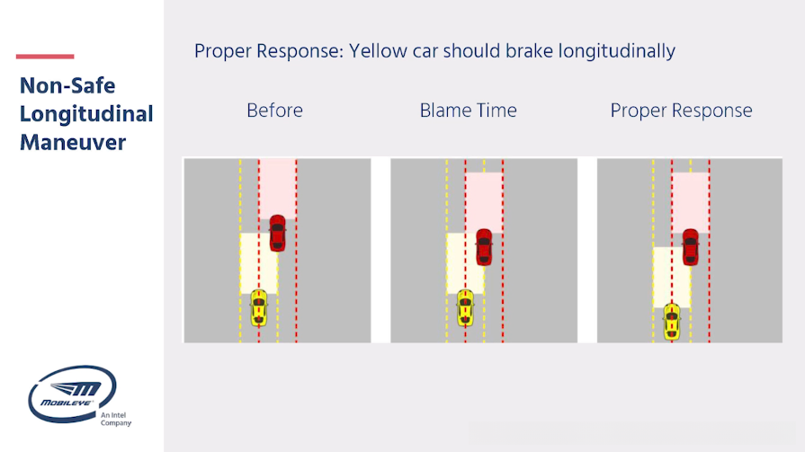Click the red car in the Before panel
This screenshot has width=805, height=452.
[x=277, y=233]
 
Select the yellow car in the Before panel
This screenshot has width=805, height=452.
[x=259, y=308]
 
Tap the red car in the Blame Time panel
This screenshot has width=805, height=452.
[x=484, y=247]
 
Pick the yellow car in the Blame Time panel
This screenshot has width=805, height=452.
[x=465, y=308]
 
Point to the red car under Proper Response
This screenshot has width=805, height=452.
[x=691, y=247]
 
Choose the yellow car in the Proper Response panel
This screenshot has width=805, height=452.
[x=672, y=322]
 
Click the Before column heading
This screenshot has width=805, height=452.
[x=274, y=111]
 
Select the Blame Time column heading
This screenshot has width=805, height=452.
[x=469, y=111]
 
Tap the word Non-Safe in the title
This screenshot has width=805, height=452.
[x=67, y=85]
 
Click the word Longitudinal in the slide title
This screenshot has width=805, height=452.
[x=86, y=114]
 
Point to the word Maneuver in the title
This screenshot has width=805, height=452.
[x=72, y=143]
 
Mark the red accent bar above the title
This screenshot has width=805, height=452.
[x=45, y=57]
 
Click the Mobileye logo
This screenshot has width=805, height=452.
[x=72, y=394]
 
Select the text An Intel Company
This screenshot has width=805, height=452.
[x=115, y=419]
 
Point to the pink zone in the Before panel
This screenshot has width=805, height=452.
[x=277, y=189]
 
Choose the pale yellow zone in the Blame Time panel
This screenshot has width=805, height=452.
[x=465, y=263]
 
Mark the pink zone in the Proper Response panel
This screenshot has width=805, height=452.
[x=691, y=203]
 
